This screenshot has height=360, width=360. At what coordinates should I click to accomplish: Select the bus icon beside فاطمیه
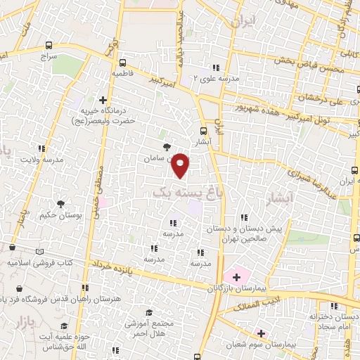coord(123,61)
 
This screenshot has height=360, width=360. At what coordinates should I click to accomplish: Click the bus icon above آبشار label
coord(204,130)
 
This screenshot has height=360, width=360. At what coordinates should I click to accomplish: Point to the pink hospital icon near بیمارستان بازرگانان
coord(236,276)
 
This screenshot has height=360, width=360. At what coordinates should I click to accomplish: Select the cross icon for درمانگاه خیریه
coord(103,101)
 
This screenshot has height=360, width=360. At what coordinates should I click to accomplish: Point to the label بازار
coord(20,321)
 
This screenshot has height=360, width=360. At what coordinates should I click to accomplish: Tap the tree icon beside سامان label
coord(167,147)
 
